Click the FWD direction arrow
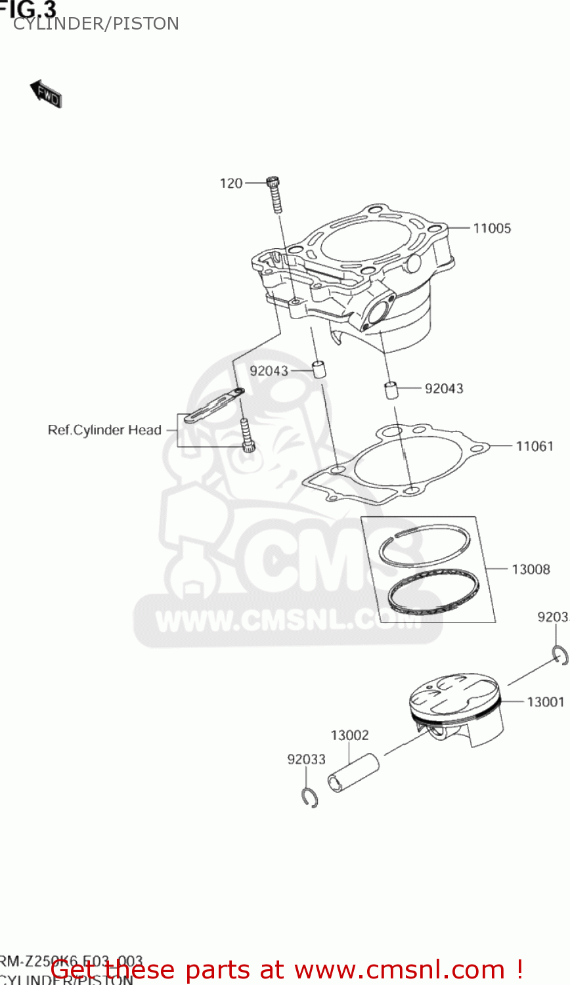click(46, 94)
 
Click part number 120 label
click(231, 184)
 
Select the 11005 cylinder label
click(492, 229)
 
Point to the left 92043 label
click(269, 371)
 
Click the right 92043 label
click(444, 389)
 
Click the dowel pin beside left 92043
click(319, 368)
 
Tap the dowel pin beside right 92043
click(392, 390)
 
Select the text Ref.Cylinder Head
click(104, 431)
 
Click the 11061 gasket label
click(535, 447)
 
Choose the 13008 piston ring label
click(531, 569)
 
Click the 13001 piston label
click(545, 702)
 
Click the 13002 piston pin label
click(349, 735)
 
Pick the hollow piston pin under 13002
click(354, 774)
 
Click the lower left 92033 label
click(306, 760)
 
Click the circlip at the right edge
click(559, 655)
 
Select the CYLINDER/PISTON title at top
click(96, 24)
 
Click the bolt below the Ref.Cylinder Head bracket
click(247, 436)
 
